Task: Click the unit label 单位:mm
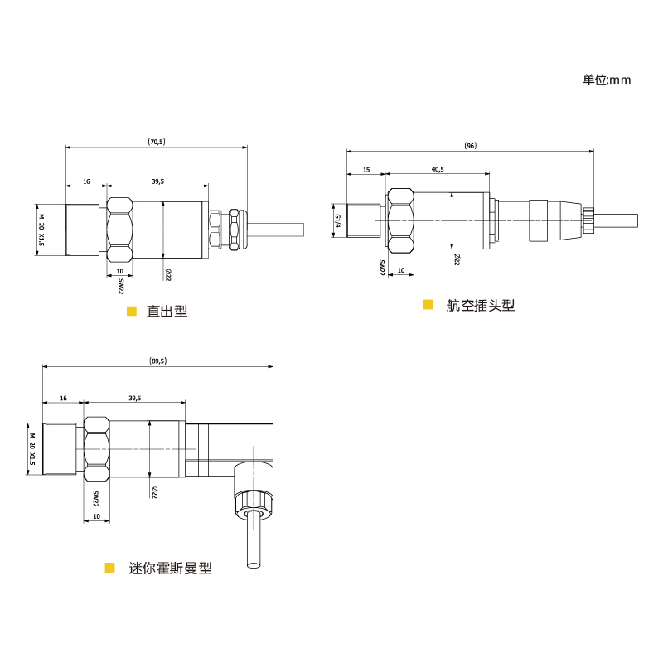[x=607, y=80]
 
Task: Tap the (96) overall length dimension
[x=470, y=146]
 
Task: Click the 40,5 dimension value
[x=438, y=169]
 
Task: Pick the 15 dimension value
[x=366, y=170]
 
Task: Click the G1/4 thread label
[x=337, y=220]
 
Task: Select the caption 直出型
[x=167, y=312]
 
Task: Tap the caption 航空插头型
[x=481, y=305]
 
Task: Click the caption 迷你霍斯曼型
[x=170, y=568]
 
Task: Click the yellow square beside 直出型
[x=132, y=312]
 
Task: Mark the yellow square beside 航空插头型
[x=428, y=304]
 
